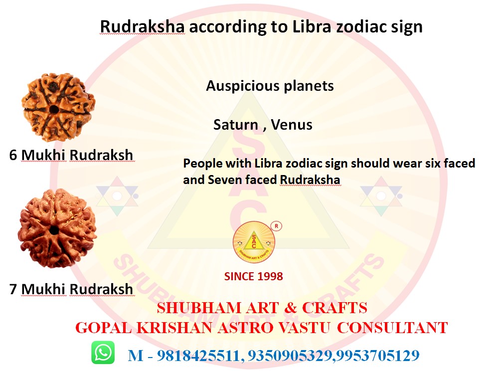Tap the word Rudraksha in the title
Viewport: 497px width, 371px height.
142,26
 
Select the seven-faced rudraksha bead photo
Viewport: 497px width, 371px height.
57,228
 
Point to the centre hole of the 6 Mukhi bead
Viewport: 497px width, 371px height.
54,109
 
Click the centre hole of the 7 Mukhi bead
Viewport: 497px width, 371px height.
54,230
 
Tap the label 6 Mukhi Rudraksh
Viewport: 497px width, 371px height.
71,155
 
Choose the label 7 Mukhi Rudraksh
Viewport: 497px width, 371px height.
71,289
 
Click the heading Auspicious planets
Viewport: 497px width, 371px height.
270,86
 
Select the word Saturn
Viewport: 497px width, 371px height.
236,125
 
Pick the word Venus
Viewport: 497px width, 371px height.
292,125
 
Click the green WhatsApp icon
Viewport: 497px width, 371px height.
103,353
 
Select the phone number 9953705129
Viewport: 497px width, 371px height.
378,356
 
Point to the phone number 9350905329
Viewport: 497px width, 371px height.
290,356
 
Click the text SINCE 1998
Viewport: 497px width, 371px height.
254,277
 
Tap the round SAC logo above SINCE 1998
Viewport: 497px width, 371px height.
254,242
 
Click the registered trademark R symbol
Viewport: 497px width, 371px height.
276,226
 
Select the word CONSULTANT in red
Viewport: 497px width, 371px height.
392,328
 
